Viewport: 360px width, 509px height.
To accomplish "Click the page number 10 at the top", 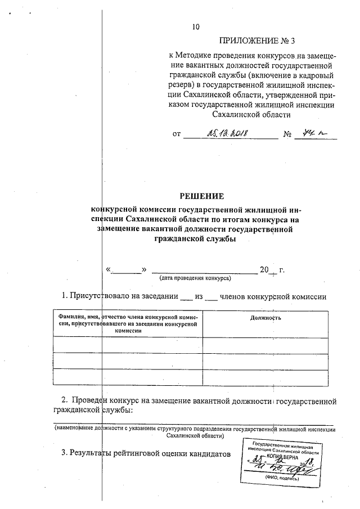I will coord(196,27).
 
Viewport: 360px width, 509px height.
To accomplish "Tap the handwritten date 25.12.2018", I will coord(228,134).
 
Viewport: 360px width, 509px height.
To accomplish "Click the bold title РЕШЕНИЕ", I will coord(201,196).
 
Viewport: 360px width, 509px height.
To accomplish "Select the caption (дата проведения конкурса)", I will coord(195,278).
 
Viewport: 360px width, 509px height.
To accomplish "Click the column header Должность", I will coord(265,318).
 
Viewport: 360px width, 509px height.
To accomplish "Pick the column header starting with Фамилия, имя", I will coord(128,321).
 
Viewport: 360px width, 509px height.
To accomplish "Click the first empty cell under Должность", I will coord(265,345).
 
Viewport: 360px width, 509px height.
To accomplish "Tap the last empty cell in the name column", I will coord(128,376).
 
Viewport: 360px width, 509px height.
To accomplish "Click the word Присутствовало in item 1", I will coord(101,295).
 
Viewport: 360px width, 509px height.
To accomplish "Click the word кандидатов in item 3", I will coord(208,453).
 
